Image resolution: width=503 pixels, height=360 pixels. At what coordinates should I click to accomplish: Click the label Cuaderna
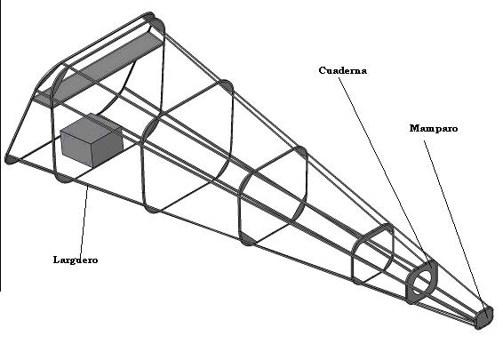pyautogui.click(x=343, y=70)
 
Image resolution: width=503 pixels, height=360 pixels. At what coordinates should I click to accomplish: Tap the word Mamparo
pyautogui.click(x=434, y=128)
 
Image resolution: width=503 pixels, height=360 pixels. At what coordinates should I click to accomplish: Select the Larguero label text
pyautogui.click(x=76, y=260)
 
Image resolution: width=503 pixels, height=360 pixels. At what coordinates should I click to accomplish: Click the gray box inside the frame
pyautogui.click(x=92, y=140)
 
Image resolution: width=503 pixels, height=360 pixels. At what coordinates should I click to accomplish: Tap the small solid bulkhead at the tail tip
pyautogui.click(x=483, y=317)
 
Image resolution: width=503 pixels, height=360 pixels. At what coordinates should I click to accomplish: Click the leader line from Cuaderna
pyautogui.click(x=384, y=171)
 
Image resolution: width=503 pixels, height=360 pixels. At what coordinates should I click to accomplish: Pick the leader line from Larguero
pyautogui.click(x=84, y=220)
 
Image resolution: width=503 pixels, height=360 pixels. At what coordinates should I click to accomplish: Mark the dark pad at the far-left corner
pyautogui.click(x=11, y=159)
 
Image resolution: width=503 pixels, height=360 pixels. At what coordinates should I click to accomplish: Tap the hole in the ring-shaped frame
pyautogui.click(x=422, y=282)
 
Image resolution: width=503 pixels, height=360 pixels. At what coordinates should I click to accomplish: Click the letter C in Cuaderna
pyautogui.click(x=323, y=70)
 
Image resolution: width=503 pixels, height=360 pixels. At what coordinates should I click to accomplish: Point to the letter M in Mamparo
pyautogui.click(x=415, y=128)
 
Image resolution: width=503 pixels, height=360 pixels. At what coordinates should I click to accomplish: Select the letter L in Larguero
pyautogui.click(x=57, y=260)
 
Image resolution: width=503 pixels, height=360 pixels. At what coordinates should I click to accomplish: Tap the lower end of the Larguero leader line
pyautogui.click(x=80, y=255)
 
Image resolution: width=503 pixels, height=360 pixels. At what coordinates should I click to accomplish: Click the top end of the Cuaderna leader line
pyautogui.click(x=339, y=78)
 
